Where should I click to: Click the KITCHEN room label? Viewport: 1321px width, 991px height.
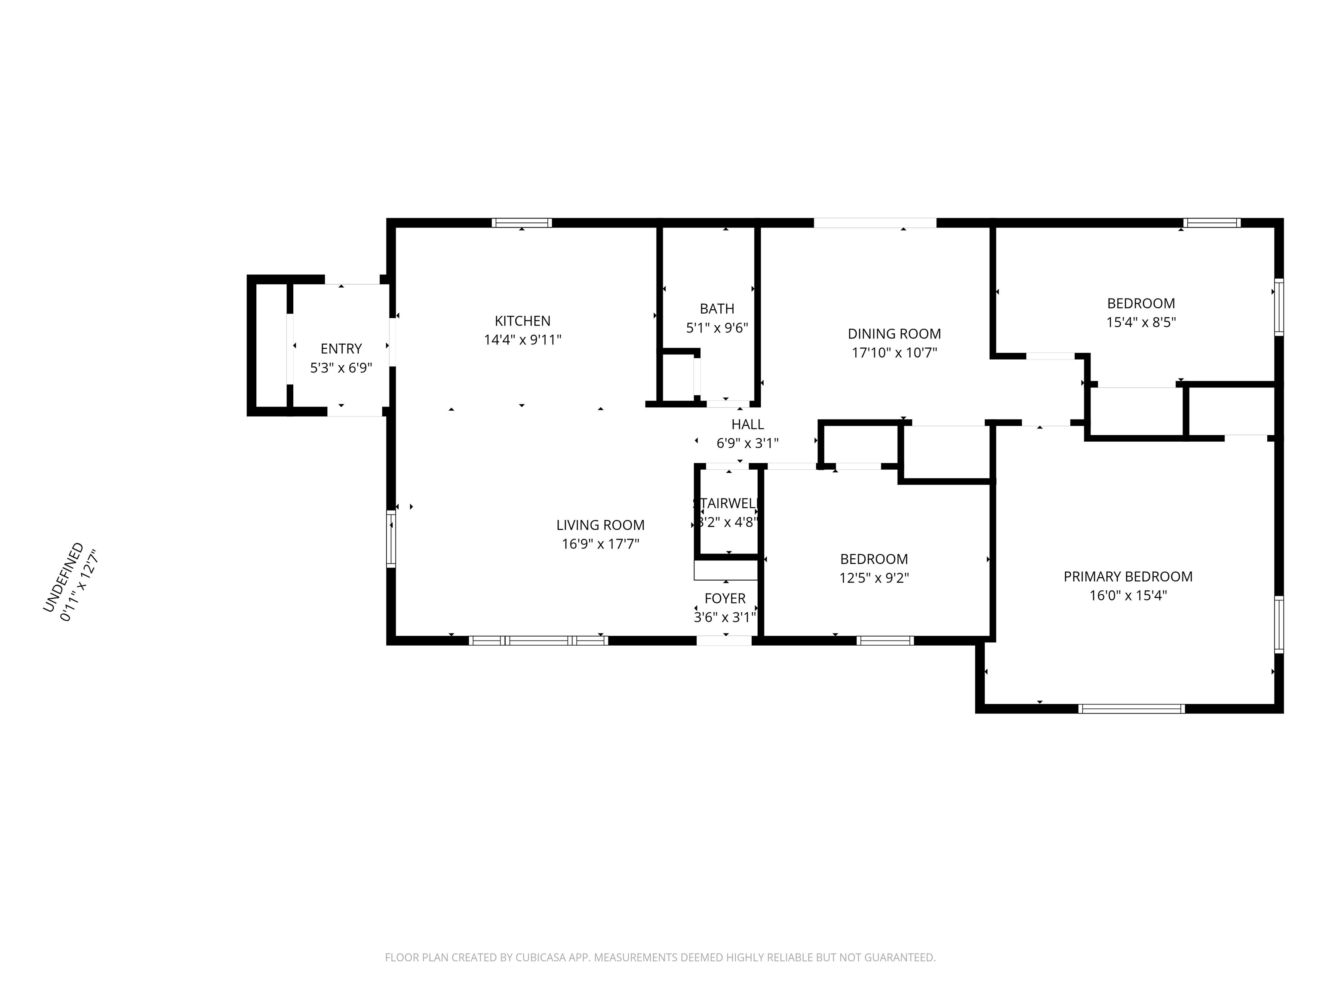coord(522,321)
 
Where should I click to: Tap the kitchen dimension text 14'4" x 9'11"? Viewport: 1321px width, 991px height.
coord(522,340)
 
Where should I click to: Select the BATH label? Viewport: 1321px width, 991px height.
coord(717,309)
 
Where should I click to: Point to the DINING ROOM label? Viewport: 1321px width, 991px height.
coord(894,334)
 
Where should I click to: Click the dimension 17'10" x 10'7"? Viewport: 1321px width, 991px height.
coord(894,352)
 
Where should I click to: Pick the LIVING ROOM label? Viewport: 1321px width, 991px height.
coord(600,525)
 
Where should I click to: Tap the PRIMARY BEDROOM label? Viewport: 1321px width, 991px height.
coord(1127,576)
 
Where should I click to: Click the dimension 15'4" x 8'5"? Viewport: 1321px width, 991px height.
coord(1141,323)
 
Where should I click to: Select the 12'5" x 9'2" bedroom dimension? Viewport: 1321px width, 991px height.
coord(874,578)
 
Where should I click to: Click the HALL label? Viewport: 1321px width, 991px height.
coord(747,424)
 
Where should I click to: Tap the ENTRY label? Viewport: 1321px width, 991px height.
coord(341,349)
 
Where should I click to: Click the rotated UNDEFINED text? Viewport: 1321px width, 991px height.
coord(63,577)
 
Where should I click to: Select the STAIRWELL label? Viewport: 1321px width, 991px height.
coord(725,504)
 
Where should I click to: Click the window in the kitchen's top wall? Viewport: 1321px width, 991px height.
coord(521,223)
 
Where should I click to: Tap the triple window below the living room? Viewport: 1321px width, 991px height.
coord(538,641)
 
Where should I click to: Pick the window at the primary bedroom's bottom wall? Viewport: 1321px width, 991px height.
coord(1131,709)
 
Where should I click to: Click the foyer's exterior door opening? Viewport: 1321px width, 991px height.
coord(724,641)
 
